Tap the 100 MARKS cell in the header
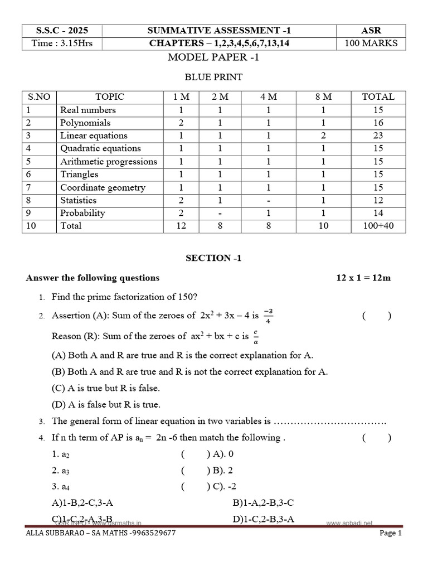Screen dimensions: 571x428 pos(371,43)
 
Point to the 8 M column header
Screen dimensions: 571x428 pos(323,96)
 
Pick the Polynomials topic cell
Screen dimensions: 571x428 pos(85,123)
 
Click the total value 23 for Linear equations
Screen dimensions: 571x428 pos(378,136)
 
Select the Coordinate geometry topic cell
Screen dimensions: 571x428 pos(103,187)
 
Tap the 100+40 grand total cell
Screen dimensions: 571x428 pos(378,226)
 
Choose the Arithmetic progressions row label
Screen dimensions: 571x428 pos(109,162)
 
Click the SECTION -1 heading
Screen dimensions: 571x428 pos(213,258)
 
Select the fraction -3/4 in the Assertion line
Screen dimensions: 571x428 pos(268,316)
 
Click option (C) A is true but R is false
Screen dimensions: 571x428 pos(109,388)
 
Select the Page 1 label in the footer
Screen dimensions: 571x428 pos(390,533)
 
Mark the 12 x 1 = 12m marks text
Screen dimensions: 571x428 pos(363,278)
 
